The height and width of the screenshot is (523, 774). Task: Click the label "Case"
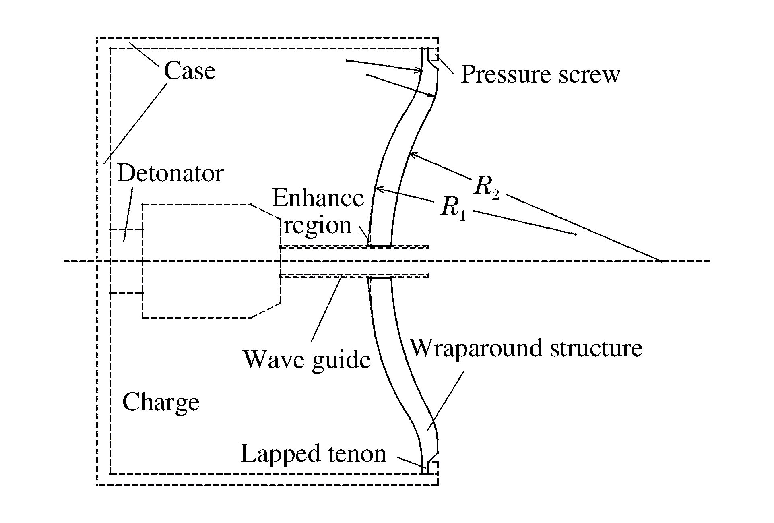(189, 71)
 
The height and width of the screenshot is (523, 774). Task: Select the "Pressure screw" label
(540, 74)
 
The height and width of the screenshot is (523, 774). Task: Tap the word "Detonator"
(170, 174)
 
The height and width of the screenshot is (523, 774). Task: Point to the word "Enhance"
(318, 198)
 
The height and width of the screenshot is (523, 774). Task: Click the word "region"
(318, 225)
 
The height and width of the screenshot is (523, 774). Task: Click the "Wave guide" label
(307, 359)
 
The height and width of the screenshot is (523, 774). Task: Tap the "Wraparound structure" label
(526, 348)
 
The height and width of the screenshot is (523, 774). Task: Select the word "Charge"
(161, 402)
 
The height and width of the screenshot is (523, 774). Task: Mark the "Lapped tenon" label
(313, 454)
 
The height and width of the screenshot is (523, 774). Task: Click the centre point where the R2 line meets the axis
(661, 261)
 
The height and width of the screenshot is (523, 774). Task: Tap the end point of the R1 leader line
(576, 234)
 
